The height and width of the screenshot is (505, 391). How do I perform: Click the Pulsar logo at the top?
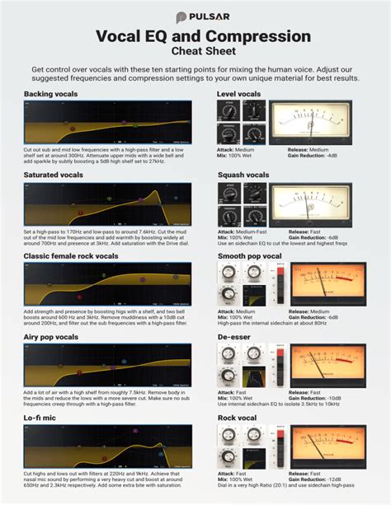coord(195,16)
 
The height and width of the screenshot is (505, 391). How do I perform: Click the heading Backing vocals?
coord(51,95)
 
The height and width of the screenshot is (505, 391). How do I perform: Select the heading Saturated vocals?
coord(54,175)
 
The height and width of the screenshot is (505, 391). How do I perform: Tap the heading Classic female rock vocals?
coord(75,256)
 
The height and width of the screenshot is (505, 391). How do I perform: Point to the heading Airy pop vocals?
coord(51,337)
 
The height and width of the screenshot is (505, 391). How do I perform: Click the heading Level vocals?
coord(239,95)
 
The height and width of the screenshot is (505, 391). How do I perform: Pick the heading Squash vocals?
coord(243,175)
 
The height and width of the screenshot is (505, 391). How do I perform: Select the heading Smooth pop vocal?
coord(249,256)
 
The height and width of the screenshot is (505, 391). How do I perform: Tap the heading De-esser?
coord(236,337)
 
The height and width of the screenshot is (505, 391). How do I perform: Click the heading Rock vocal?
coord(238,418)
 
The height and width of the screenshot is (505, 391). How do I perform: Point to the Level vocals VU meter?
coord(309,120)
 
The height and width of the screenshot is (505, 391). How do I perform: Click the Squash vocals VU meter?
coord(309,201)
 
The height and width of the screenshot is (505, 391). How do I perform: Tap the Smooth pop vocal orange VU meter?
coord(329,283)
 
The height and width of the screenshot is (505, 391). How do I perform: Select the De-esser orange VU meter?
coord(329,363)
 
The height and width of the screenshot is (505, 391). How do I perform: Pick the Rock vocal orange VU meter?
coord(329,444)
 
